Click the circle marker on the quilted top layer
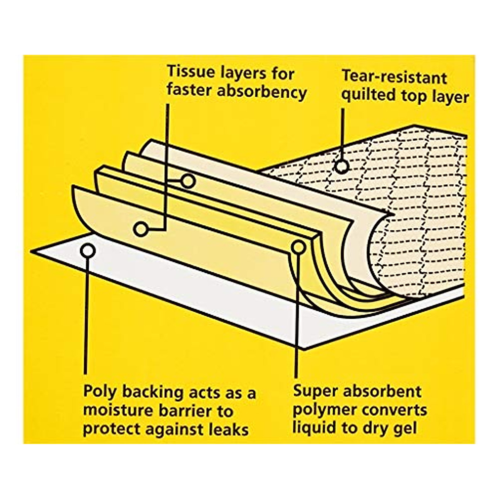[x=341, y=166]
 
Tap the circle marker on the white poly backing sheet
[x=88, y=250]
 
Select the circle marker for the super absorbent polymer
[x=298, y=247]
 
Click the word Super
[x=316, y=391]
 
